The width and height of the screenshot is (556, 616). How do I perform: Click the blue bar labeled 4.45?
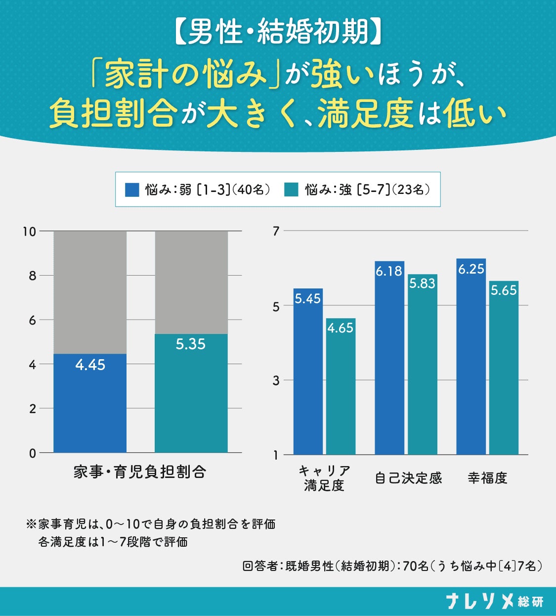tap(90, 403)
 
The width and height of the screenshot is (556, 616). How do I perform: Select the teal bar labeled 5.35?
tap(191, 393)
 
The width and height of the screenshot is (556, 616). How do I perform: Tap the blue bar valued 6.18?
tap(389, 358)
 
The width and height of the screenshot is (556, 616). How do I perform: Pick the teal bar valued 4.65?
tap(341, 386)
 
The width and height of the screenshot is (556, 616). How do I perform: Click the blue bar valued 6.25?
tap(471, 357)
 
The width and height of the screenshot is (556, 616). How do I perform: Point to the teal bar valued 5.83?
tap(422, 364)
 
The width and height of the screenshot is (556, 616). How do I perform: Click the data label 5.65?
tap(504, 290)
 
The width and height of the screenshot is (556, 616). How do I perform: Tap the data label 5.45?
tap(308, 299)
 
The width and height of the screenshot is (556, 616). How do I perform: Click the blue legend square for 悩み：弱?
tap(132, 190)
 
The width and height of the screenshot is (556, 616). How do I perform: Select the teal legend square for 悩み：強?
tap(291, 190)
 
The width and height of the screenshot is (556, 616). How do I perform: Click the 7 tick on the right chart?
tap(276, 231)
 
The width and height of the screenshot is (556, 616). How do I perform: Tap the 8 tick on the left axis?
tap(33, 276)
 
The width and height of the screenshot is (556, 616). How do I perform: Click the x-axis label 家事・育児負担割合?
tap(139, 472)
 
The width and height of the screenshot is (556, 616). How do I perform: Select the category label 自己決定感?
tap(408, 478)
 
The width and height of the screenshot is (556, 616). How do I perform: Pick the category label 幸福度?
tap(487, 478)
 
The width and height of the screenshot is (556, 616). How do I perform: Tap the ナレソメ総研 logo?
tap(495, 601)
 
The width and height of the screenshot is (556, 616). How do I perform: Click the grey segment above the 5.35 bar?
tap(191, 283)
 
